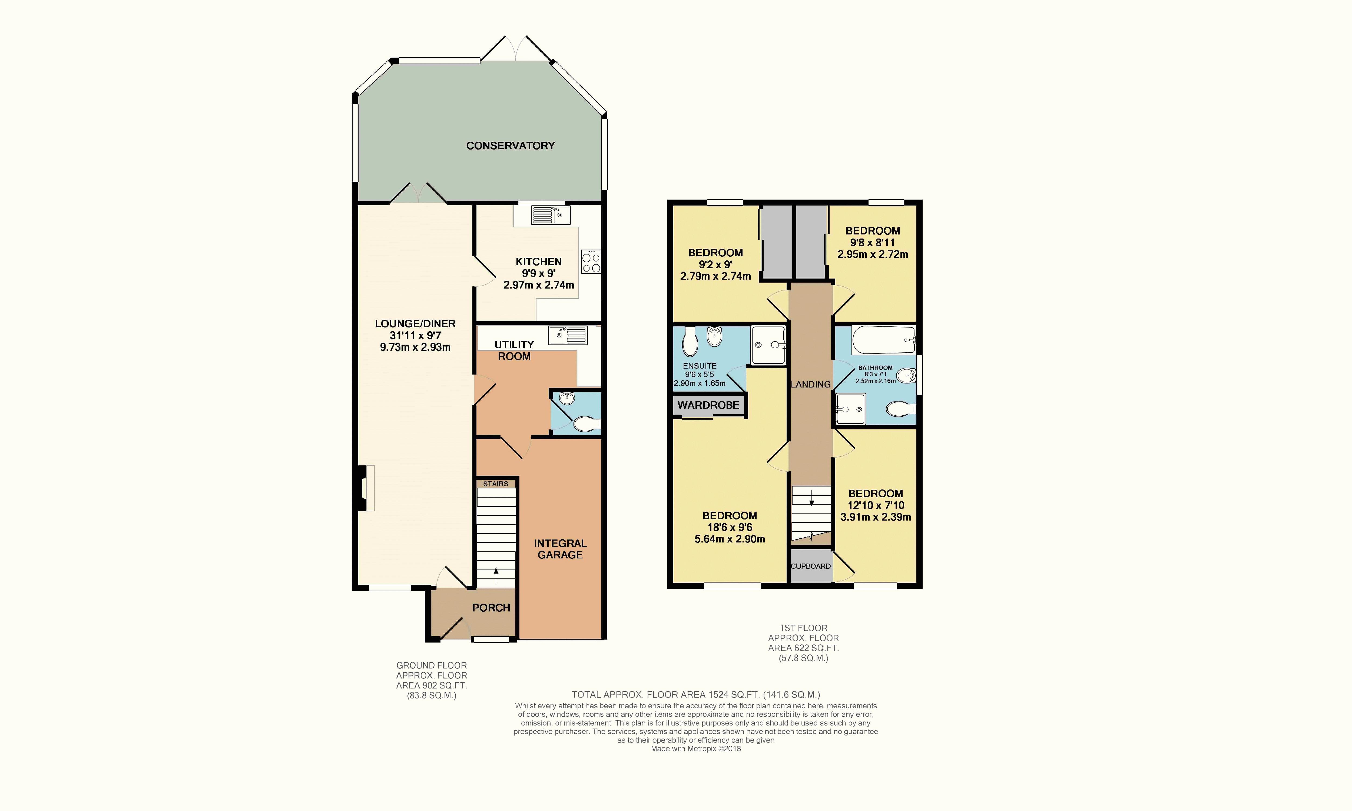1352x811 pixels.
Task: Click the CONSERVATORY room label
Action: click(511, 145)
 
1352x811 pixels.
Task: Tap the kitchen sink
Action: click(550, 215)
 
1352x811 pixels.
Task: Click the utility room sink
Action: click(568, 335)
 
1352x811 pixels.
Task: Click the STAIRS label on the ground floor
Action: click(496, 484)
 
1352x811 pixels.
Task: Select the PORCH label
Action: click(491, 608)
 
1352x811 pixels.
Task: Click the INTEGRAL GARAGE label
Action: click(560, 549)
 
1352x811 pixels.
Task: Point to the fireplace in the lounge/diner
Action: click(366, 488)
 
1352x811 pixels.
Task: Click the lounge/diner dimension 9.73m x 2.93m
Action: click(415, 347)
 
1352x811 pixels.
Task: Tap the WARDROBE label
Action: click(708, 405)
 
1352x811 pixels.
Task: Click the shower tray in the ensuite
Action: click(768, 345)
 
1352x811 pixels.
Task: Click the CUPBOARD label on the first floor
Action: click(810, 566)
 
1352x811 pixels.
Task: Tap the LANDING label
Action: click(810, 384)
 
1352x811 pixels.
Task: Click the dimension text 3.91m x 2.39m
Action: click(876, 517)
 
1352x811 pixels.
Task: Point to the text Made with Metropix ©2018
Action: click(696, 749)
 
